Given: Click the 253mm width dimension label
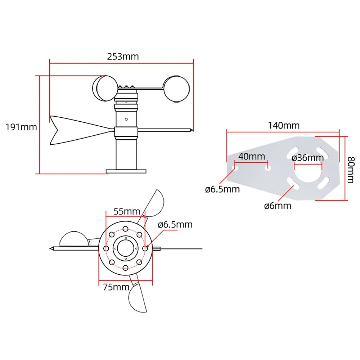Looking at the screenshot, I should pos(122,57).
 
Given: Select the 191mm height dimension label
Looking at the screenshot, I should pos(21,127).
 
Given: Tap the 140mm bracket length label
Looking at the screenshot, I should pos(283,125).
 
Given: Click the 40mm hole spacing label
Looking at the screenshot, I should pos(251,157).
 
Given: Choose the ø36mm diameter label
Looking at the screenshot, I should pos(308,157).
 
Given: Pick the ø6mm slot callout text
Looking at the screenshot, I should pos(277,206).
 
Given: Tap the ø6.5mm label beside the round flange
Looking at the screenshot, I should pos(175,225).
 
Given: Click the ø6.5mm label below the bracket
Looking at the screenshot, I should pos(222,189).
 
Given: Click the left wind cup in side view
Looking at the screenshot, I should pos(105,88).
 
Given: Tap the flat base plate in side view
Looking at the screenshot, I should pos(126,171).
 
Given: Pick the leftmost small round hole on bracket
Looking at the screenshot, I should pos(235,168).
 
